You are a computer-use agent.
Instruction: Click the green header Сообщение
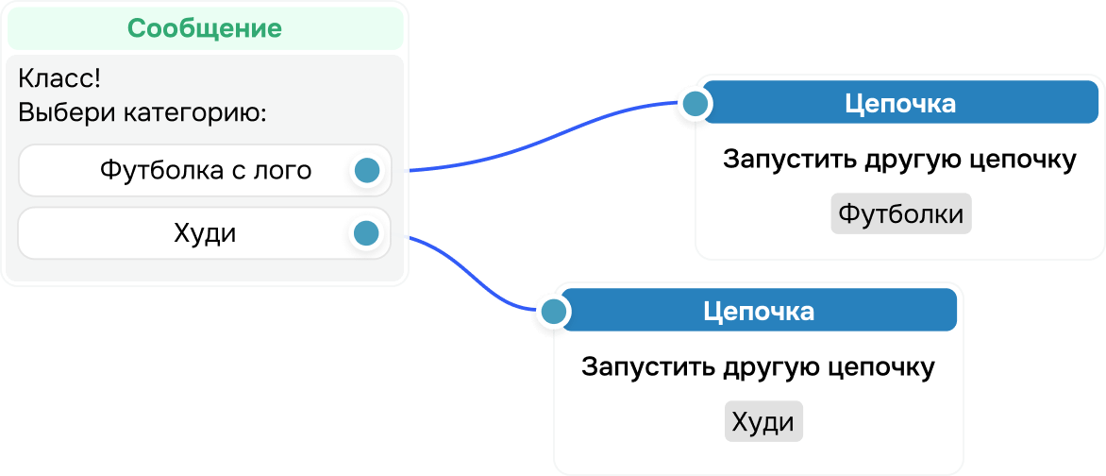[205, 28]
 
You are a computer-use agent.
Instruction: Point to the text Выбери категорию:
[142, 113]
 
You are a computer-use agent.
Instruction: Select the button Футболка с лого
[205, 171]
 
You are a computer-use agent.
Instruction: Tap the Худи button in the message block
[205, 232]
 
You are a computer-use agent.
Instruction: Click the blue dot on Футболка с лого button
[366, 171]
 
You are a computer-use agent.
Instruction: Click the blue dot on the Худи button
[365, 232]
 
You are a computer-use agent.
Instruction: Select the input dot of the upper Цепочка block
[695, 103]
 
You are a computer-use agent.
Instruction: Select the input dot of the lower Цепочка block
[554, 311]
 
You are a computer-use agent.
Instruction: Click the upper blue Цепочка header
[900, 103]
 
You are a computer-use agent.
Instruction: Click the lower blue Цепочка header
[759, 311]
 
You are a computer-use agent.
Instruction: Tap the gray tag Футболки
[900, 214]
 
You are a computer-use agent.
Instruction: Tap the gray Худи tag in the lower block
[762, 422]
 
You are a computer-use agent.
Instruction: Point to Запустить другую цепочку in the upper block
[899, 160]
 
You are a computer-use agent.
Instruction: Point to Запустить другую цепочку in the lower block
[758, 366]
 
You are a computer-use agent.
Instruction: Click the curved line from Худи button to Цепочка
[472, 274]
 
